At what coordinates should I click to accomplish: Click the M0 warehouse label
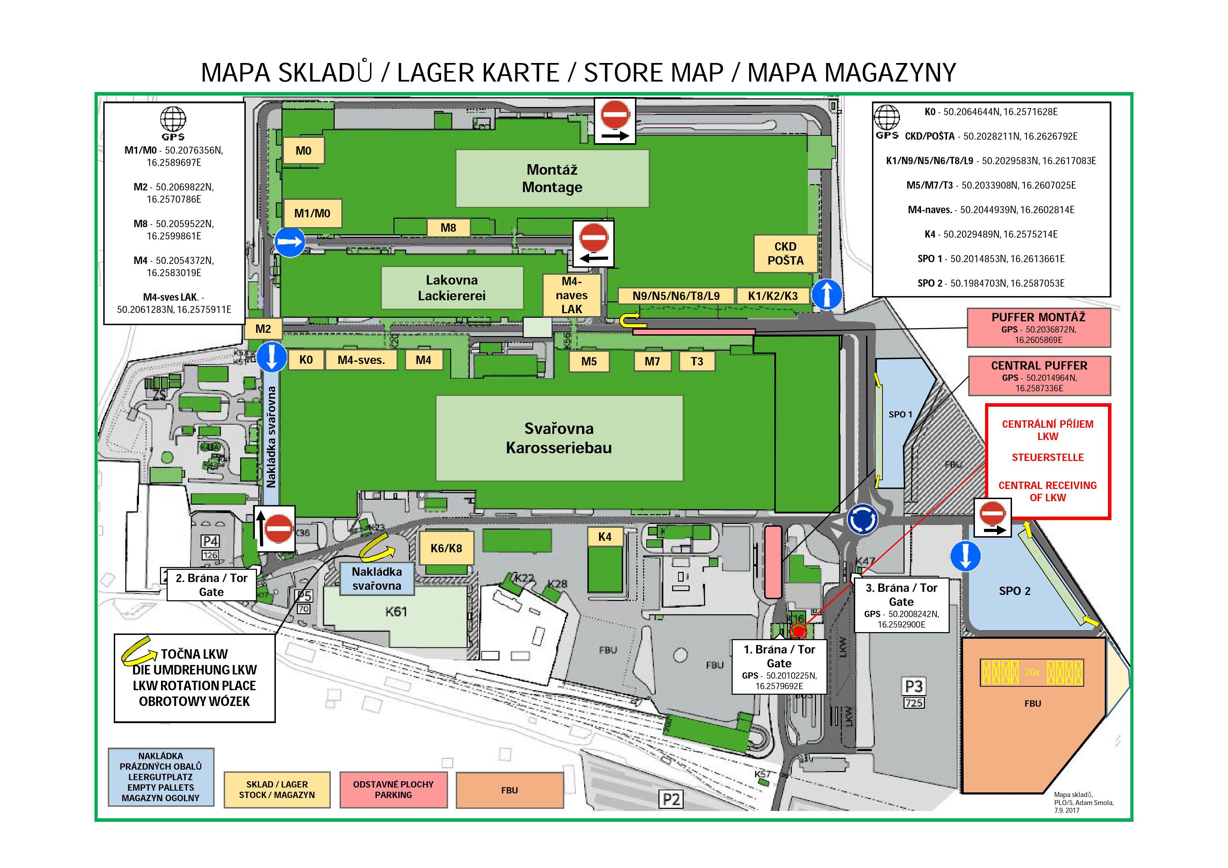coord(303,151)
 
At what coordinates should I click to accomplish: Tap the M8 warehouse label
coord(448,228)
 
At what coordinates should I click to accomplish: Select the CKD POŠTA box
coord(785,253)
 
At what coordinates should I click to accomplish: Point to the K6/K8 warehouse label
coord(446,548)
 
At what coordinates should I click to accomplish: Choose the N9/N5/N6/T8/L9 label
coord(676,296)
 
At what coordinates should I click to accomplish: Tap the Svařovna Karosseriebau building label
coord(559,438)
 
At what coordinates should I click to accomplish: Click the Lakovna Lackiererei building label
coord(452,288)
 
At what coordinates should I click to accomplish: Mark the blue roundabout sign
coord(862,519)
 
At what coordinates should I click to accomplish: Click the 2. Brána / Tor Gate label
coord(211,584)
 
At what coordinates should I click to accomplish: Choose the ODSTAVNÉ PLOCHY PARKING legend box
coord(393,789)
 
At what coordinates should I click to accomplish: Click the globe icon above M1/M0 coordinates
coord(173,119)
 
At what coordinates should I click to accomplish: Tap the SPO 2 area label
coord(1014,591)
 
